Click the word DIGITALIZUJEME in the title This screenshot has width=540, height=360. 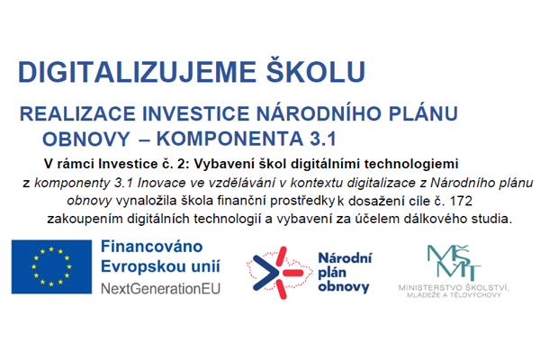137,72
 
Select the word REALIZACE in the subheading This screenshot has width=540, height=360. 77,113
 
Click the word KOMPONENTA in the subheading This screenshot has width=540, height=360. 229,139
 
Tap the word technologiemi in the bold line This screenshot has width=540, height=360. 411,164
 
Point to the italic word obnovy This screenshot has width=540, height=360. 89,202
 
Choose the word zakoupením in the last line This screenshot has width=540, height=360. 85,219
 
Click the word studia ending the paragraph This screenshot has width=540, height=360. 497,219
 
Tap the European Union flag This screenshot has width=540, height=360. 51,267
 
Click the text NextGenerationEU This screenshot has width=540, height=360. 160,289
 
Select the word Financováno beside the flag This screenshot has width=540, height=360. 151,247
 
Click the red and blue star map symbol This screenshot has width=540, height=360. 279,273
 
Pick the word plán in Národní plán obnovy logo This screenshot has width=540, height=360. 332,273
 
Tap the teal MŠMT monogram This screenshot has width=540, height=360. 454,263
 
